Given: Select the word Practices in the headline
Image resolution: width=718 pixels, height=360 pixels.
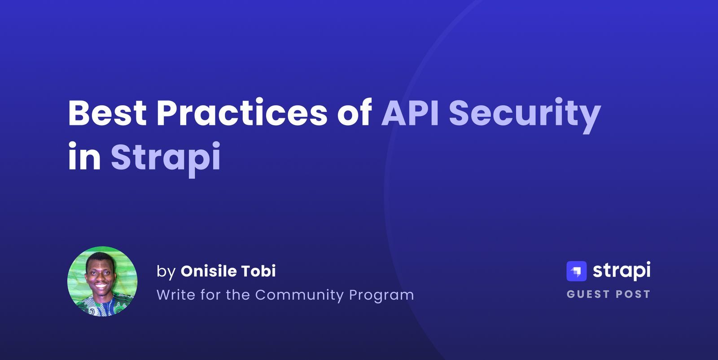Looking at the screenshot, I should pyautogui.click(x=241, y=113).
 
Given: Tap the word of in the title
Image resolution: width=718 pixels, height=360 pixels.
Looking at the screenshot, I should pyautogui.click(x=355, y=113).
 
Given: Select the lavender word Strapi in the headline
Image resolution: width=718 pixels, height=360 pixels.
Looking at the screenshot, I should pyautogui.click(x=166, y=157).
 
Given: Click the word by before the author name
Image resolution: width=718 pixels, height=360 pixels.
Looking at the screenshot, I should pyautogui.click(x=166, y=272).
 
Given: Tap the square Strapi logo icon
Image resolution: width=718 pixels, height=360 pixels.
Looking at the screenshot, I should pyautogui.click(x=577, y=271).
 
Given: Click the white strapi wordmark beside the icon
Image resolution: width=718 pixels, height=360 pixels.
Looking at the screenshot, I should pyautogui.click(x=622, y=271).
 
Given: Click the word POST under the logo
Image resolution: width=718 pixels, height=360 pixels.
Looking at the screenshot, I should pyautogui.click(x=633, y=294).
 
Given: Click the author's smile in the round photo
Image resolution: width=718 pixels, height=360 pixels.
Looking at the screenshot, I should pyautogui.click(x=101, y=285).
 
